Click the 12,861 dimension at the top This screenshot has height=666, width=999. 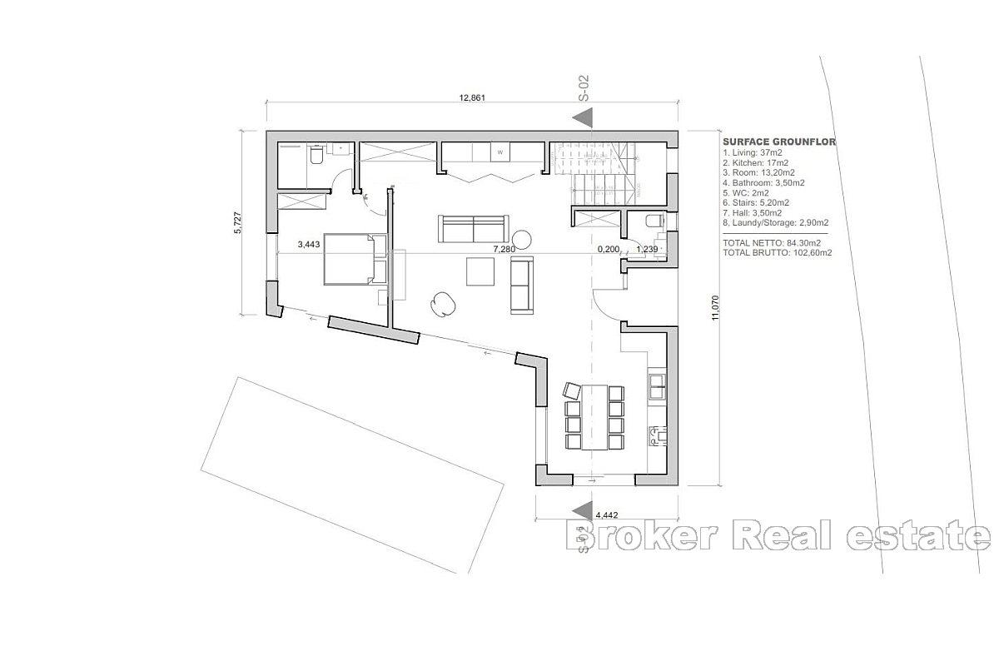click(471, 97)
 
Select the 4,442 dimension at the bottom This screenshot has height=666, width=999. click(605, 514)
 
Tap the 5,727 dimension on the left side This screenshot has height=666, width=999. click(237, 222)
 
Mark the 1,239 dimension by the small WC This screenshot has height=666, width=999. click(647, 248)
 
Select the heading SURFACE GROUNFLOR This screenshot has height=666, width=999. click(779, 142)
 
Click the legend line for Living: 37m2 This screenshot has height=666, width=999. click(753, 152)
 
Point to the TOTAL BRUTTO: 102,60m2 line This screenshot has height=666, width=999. click(777, 252)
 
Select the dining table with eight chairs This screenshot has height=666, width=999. click(594, 415)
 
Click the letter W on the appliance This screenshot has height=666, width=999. click(500, 153)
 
